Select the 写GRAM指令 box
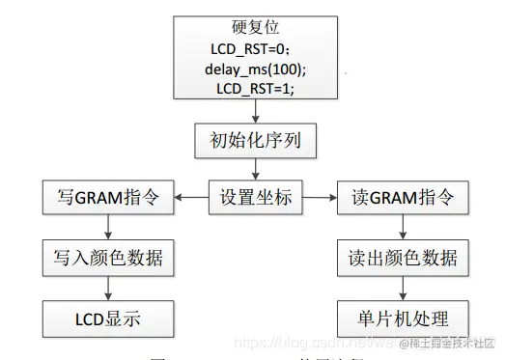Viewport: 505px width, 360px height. coord(108,201)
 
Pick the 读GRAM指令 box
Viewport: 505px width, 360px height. coord(402,201)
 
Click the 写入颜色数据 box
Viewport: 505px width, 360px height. coord(108,259)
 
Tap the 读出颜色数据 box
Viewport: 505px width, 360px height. coord(402,259)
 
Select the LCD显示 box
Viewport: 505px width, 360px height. coord(108,317)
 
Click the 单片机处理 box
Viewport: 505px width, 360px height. coord(402,317)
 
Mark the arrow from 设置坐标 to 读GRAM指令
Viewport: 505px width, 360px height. coord(319,201)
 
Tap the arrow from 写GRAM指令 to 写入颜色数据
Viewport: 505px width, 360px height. coord(108,230)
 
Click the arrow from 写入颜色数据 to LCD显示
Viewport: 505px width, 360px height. coord(108,288)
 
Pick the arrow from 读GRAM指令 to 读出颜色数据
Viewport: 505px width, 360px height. coord(402,230)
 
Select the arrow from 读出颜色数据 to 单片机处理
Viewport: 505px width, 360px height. coord(402,288)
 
